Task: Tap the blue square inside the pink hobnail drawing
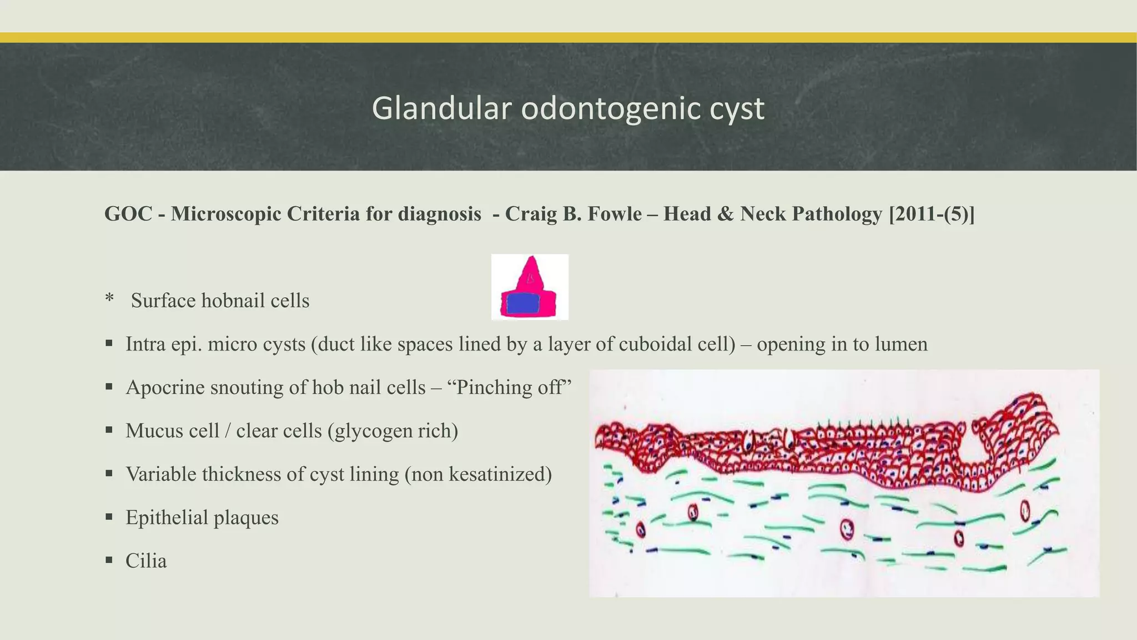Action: [523, 303]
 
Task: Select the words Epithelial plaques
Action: [202, 517]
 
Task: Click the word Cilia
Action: [146, 561]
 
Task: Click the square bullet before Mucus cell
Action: [109, 429]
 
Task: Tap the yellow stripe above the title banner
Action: [568, 37]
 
